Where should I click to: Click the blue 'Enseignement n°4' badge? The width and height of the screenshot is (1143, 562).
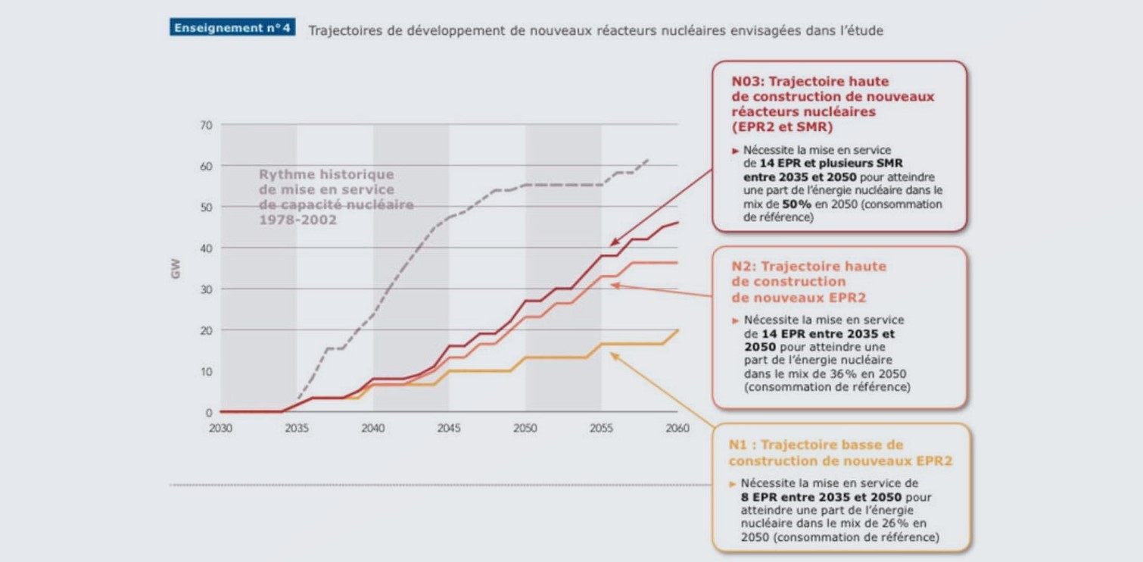click(x=232, y=28)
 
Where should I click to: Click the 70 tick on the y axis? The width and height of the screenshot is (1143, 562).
click(x=206, y=124)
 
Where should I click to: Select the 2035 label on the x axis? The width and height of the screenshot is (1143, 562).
click(x=297, y=429)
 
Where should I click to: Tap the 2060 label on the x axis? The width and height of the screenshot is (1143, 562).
click(x=677, y=429)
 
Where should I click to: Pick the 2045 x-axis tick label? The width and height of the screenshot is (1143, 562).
click(x=449, y=429)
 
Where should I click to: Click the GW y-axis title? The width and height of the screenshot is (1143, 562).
click(x=176, y=268)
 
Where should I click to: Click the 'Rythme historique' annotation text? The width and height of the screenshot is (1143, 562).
click(x=326, y=175)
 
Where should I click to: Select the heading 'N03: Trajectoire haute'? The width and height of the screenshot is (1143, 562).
click(x=810, y=81)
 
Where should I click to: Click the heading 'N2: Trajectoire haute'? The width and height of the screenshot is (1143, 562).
click(x=808, y=267)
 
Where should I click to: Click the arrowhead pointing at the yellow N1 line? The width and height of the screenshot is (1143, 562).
click(x=614, y=354)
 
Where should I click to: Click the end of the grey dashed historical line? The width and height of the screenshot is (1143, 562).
click(x=649, y=159)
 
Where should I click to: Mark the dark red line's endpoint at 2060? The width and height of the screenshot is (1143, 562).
click(x=677, y=222)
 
